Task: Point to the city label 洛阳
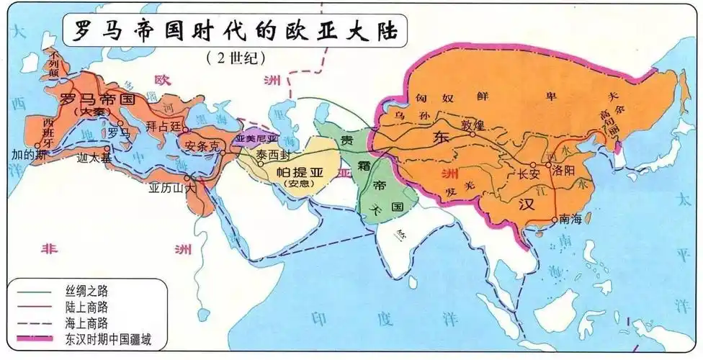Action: pyautogui.click(x=566, y=172)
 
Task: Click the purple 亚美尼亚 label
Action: pyautogui.click(x=256, y=137)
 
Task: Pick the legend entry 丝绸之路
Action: pyautogui.click(x=91, y=290)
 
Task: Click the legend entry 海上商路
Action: pyautogui.click(x=91, y=322)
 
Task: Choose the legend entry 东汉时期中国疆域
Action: pyautogui.click(x=117, y=338)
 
